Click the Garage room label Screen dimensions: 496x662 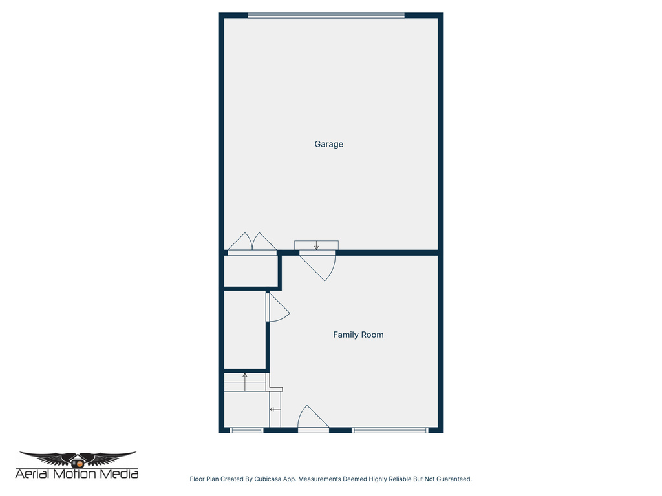(x=328, y=144)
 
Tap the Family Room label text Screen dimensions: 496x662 (x=358, y=335)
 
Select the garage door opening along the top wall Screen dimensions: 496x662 (x=326, y=15)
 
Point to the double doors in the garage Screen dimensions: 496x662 (x=252, y=243)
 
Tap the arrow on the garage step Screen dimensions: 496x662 (x=316, y=245)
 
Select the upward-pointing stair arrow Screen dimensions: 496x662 (x=245, y=376)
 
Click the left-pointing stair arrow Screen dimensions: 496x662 (x=272, y=409)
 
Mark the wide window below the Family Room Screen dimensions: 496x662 (x=390, y=429)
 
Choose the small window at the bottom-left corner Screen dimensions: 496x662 (x=246, y=429)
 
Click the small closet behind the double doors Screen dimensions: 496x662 (x=251, y=271)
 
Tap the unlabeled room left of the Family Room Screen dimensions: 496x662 (x=244, y=329)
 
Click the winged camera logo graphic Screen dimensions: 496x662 (x=78, y=459)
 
